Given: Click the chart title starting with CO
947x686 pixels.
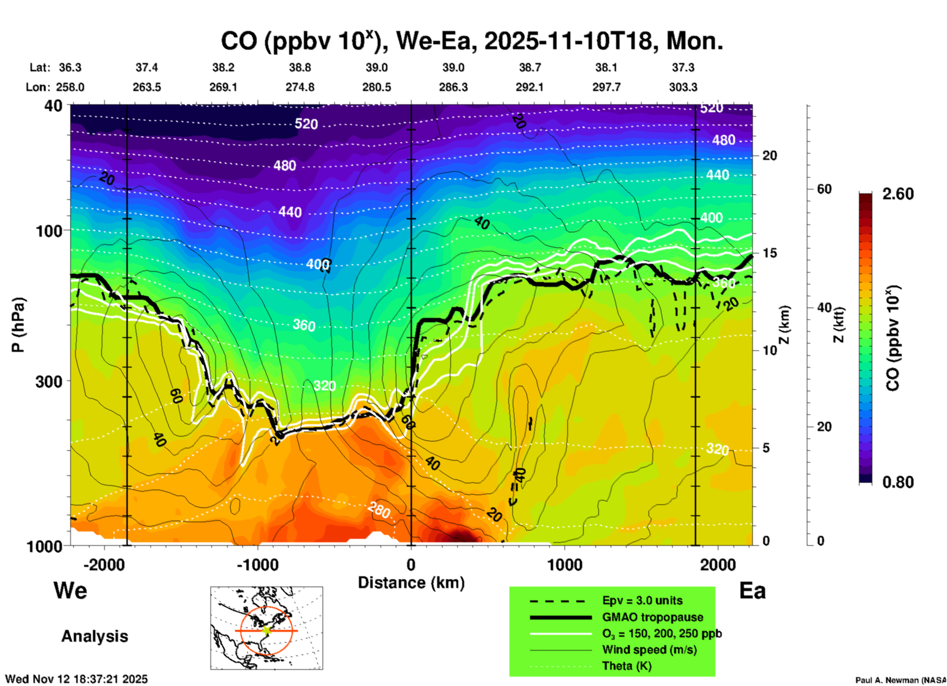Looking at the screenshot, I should coord(472,41).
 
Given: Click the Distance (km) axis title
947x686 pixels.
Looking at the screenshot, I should coord(411,583).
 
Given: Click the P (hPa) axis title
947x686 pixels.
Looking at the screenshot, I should coord(18,325).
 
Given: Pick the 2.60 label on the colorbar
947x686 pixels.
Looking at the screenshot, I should coord(898,194).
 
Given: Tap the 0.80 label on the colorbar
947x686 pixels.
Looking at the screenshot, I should coord(898,482).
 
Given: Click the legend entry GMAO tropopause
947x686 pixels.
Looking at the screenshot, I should coord(652,617).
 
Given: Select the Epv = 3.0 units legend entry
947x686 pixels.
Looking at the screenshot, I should coord(642,601).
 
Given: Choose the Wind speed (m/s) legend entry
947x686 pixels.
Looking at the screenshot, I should coord(649,650).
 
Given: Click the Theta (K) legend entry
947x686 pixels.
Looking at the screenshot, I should coord(626,666).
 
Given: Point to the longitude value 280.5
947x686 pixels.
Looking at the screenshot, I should coord(377,87).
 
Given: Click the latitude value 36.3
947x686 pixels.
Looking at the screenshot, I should coord(70,67).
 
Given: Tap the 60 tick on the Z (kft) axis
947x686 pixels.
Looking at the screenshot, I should coord(824,189).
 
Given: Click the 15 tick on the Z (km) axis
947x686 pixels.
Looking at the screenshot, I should coord(769,253).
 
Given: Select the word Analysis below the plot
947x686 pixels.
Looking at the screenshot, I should coord(94,636).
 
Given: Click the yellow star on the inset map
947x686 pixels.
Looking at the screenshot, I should coord(267,630).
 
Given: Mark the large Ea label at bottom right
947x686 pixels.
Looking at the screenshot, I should coord(752,591).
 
